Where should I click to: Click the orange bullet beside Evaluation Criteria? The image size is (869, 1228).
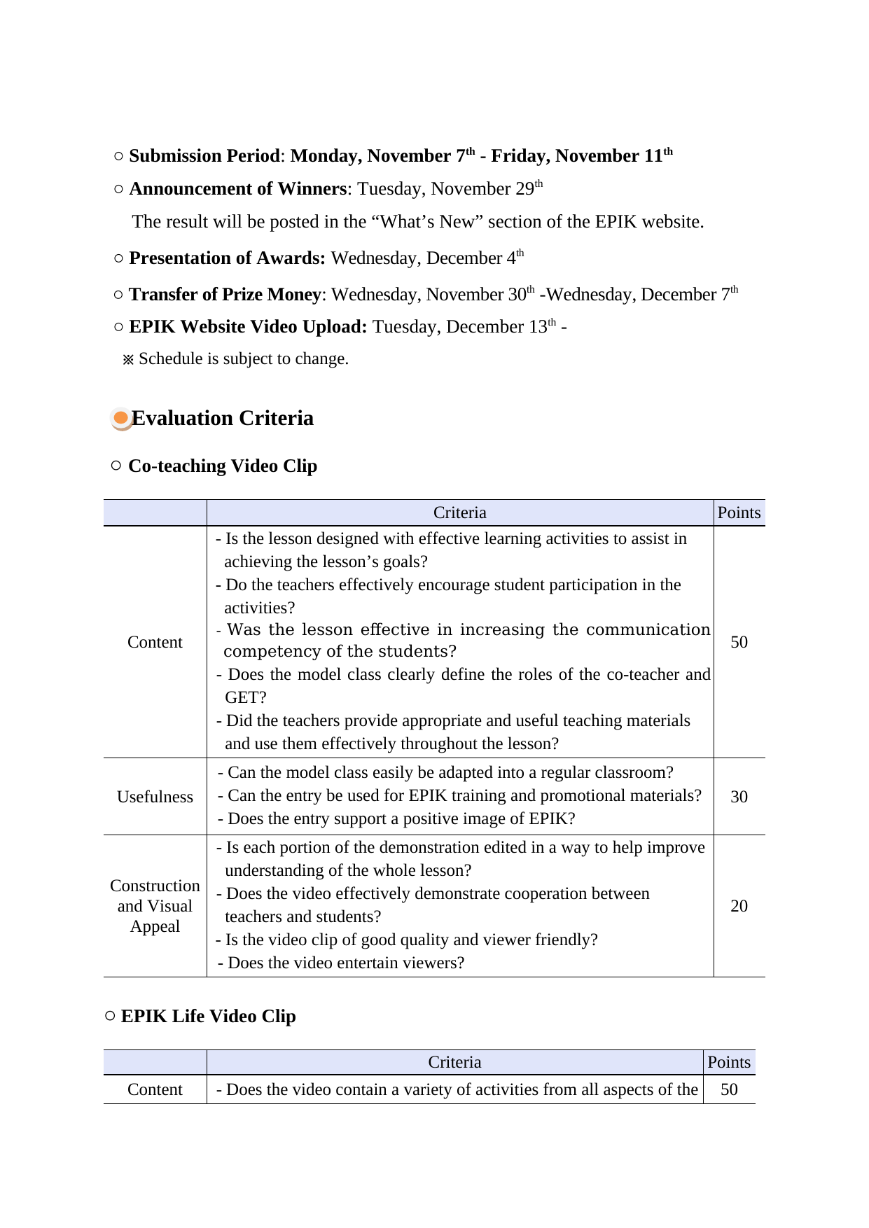click(x=122, y=419)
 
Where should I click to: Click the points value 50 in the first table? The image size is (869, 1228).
click(x=739, y=642)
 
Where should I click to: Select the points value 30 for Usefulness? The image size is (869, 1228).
click(x=739, y=797)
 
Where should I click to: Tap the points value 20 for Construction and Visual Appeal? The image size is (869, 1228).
click(x=739, y=906)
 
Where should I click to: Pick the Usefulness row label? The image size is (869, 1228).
click(x=155, y=797)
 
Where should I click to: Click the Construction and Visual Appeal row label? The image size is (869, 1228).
click(x=155, y=906)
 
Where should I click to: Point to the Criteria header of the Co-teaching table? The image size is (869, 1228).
click(x=459, y=512)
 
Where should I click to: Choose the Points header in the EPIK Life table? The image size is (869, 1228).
click(x=729, y=1062)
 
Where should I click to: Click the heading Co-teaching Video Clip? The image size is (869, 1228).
click(x=223, y=466)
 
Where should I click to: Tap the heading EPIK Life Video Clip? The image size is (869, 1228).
click(x=208, y=1017)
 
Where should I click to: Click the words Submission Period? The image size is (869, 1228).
click(x=204, y=156)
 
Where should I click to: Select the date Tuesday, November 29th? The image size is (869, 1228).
click(x=450, y=189)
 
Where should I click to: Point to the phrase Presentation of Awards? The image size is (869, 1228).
click(x=227, y=258)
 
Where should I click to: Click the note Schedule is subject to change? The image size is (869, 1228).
click(x=243, y=359)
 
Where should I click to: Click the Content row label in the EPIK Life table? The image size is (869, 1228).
click(x=155, y=1089)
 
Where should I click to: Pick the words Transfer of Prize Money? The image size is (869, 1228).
click(x=225, y=295)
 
